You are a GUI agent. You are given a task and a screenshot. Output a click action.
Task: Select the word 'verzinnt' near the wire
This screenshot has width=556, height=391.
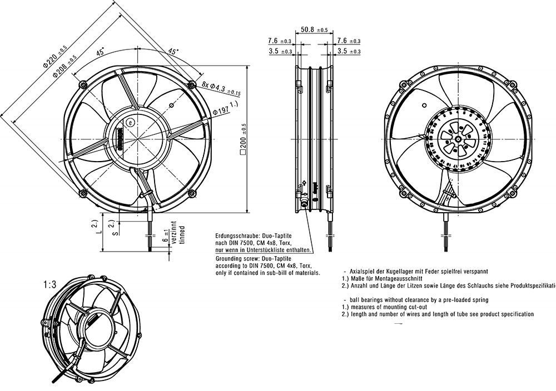click(173, 230)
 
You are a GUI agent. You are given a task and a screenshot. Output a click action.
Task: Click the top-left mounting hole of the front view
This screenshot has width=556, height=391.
click(83, 84)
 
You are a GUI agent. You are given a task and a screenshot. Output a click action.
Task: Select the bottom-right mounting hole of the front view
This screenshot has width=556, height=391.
click(192, 193)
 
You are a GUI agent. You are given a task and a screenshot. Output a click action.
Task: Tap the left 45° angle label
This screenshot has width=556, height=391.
click(101, 53)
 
